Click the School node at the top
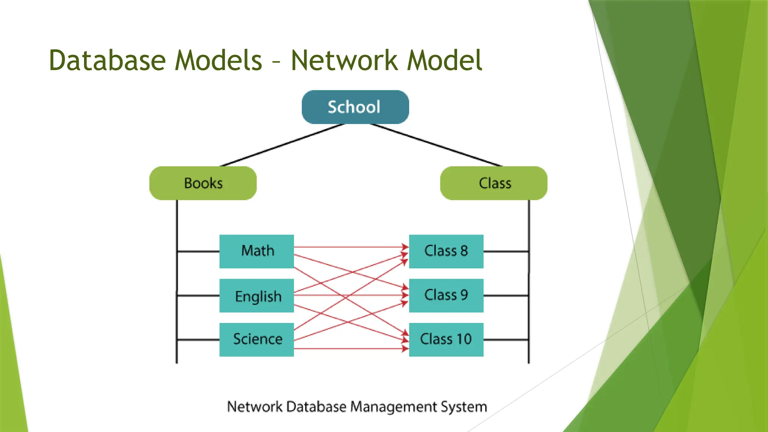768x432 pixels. (x=355, y=107)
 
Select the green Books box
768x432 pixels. (x=203, y=183)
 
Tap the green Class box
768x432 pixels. (x=493, y=183)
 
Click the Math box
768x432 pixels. (x=256, y=251)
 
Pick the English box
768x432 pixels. (x=256, y=295)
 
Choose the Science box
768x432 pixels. (x=256, y=339)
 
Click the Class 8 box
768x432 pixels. (x=446, y=251)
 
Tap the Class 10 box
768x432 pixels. (x=446, y=339)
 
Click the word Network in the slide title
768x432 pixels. (x=344, y=60)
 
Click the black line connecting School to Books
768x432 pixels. (x=282, y=145)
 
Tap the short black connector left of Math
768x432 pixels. (x=198, y=251)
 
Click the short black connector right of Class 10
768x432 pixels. (x=506, y=340)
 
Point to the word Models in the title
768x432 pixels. (x=218, y=60)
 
